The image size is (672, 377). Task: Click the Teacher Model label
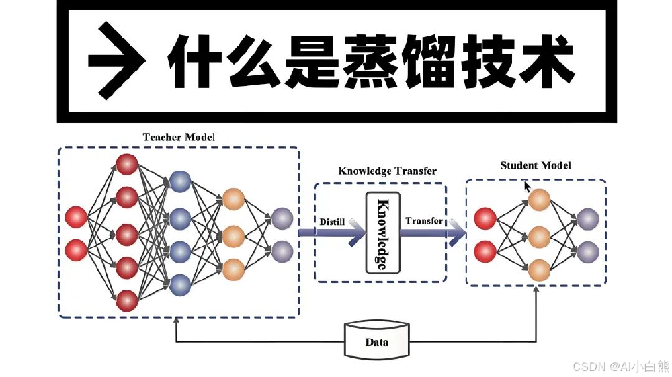tap(179, 137)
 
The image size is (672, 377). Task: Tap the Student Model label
tap(536, 165)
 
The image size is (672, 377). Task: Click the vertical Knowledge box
tap(382, 233)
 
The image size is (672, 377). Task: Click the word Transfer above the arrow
tap(424, 220)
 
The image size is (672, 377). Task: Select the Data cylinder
tap(376, 341)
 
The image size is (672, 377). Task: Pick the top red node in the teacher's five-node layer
tap(126, 165)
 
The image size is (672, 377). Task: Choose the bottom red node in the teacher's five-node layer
tap(126, 300)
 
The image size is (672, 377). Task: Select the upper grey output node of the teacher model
tap(282, 218)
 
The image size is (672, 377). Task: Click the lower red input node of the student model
tap(485, 252)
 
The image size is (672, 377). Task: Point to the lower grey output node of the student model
tap(588, 251)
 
